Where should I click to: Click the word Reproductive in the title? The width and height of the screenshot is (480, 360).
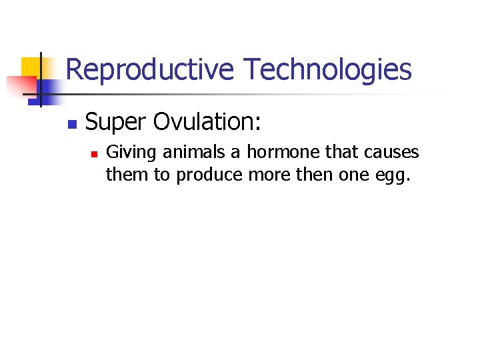tap(150, 70)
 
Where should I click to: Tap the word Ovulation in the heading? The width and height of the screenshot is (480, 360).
tap(207, 122)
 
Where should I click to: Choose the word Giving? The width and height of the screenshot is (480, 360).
tap(132, 153)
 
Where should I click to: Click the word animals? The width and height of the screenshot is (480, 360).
tap(195, 153)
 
